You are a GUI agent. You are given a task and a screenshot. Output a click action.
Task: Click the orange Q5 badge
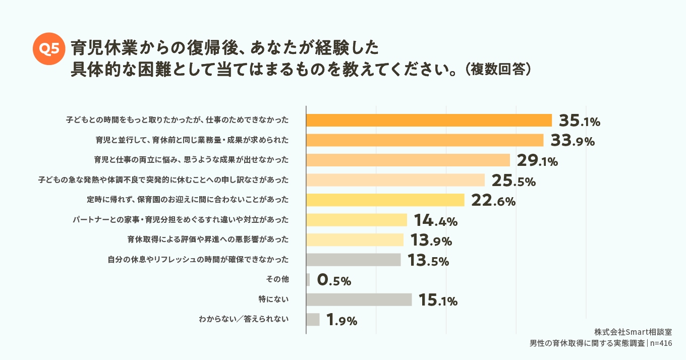point(49,48)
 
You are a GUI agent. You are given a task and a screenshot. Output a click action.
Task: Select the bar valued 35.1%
point(429,121)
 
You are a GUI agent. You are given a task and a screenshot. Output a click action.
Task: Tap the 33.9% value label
point(573,141)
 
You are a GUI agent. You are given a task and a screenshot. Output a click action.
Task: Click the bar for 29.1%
point(408,160)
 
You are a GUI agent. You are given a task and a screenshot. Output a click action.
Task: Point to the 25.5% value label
point(513,181)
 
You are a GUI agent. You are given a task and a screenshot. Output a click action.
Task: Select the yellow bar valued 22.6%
point(385,200)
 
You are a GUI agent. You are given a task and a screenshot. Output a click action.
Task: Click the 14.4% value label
point(435,220)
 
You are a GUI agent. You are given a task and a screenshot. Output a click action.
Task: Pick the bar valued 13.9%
point(355,240)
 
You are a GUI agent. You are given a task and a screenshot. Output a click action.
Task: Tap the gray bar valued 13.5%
point(354,260)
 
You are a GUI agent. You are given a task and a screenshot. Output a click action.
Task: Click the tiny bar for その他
point(308,280)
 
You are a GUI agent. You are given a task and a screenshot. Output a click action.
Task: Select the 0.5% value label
point(334,280)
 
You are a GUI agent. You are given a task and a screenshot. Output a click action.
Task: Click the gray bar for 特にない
point(359,299)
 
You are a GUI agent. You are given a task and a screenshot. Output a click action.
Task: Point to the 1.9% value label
point(342,320)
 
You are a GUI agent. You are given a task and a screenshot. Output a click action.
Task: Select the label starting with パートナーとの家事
point(182,220)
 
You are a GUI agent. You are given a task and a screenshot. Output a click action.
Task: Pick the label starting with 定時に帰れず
point(188,200)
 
